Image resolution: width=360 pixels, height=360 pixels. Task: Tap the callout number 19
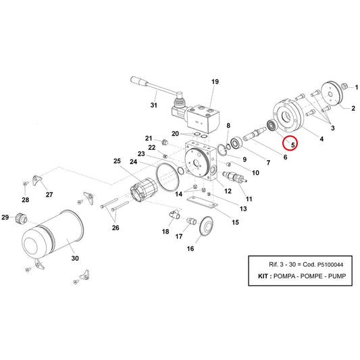[x=215, y=82]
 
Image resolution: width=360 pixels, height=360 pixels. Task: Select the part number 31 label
[x=154, y=105]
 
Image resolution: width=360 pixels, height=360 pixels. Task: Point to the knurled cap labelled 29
[x=21, y=217]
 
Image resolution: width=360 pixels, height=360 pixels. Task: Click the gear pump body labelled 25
[x=144, y=190]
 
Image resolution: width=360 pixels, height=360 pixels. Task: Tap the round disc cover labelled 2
[x=332, y=94]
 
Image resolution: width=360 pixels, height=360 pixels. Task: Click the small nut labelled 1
[x=344, y=86]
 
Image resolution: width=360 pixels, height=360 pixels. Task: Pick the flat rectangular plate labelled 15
[x=202, y=202]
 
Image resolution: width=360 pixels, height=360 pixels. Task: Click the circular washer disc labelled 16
[x=206, y=226]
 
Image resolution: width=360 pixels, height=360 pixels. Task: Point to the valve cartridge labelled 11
[x=234, y=176]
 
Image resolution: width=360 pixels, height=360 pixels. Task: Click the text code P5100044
[x=330, y=265]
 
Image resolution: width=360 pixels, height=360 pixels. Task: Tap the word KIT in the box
[x=263, y=276]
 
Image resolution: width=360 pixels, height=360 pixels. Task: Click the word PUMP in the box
[x=336, y=276]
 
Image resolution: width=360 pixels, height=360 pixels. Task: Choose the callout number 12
[x=228, y=191]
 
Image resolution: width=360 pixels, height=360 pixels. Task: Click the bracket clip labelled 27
[x=36, y=180]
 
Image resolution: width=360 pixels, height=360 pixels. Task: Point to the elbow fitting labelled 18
[x=174, y=215]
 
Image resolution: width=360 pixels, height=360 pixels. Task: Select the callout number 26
[x=115, y=228]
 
